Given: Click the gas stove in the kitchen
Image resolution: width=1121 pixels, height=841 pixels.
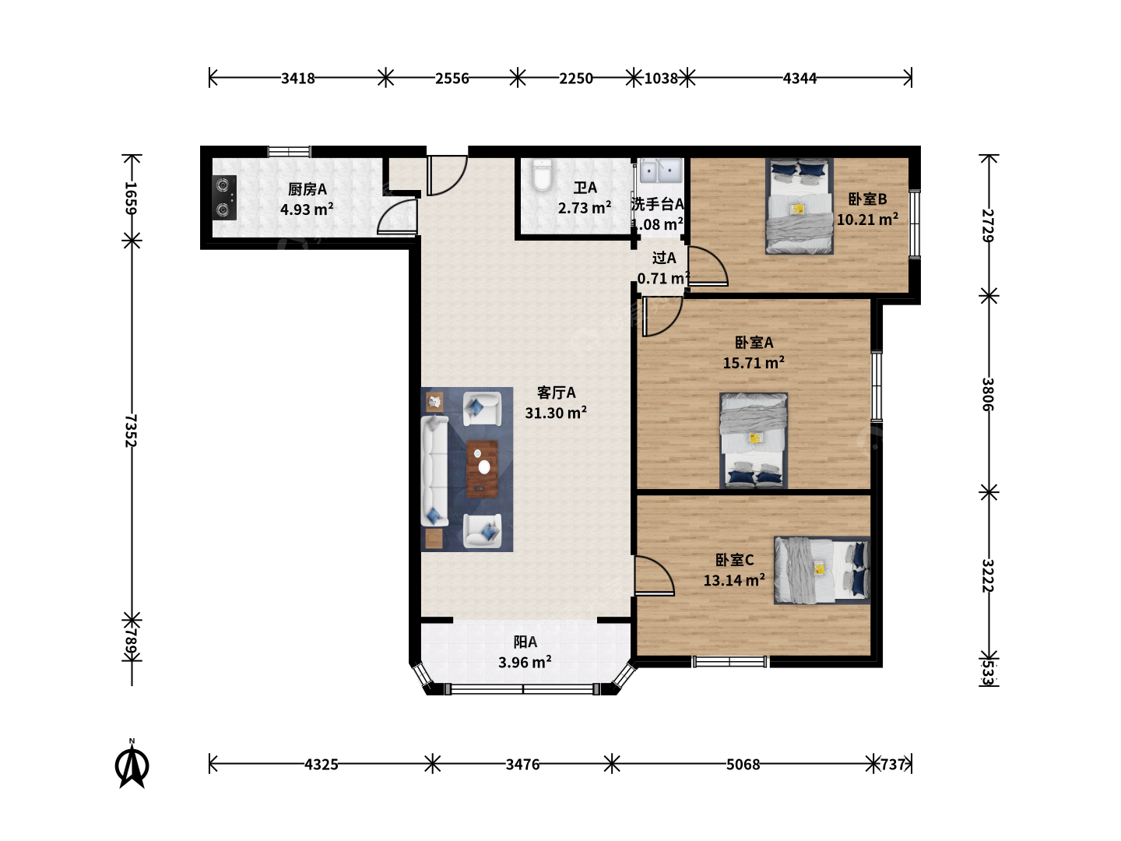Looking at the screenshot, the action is pyautogui.click(x=224, y=198).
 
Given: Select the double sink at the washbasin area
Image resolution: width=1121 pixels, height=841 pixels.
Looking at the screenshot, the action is pyautogui.click(x=661, y=171).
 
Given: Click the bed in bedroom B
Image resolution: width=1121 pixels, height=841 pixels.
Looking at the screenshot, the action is pyautogui.click(x=799, y=206).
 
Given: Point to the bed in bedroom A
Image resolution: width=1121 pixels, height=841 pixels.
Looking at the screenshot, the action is pyautogui.click(x=754, y=441).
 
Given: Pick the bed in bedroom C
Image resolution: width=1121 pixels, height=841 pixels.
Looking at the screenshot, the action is pyautogui.click(x=822, y=570).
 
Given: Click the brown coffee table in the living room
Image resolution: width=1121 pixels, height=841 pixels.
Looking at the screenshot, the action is pyautogui.click(x=482, y=469).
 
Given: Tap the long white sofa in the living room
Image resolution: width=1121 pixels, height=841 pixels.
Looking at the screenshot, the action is pyautogui.click(x=434, y=471).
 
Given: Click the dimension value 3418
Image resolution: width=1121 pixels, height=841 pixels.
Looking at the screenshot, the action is pyautogui.click(x=297, y=79).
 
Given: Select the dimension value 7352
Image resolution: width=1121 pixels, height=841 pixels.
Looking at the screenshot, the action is pyautogui.click(x=132, y=431).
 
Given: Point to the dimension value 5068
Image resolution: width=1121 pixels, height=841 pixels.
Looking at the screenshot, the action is pyautogui.click(x=743, y=765).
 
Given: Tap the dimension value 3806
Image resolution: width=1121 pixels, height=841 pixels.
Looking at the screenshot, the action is pyautogui.click(x=988, y=394).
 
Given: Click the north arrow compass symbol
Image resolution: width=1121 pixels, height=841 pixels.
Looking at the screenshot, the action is pyautogui.click(x=132, y=765).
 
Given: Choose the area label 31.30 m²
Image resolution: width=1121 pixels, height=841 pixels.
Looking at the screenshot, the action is pyautogui.click(x=556, y=413).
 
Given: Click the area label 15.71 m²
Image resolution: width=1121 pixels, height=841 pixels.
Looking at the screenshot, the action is pyautogui.click(x=754, y=363).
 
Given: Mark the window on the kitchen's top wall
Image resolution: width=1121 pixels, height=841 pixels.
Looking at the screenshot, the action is pyautogui.click(x=290, y=151).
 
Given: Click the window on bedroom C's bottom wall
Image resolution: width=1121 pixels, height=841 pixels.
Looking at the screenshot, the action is pyautogui.click(x=729, y=662).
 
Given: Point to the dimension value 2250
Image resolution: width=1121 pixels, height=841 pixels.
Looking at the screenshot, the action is pyautogui.click(x=575, y=79).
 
